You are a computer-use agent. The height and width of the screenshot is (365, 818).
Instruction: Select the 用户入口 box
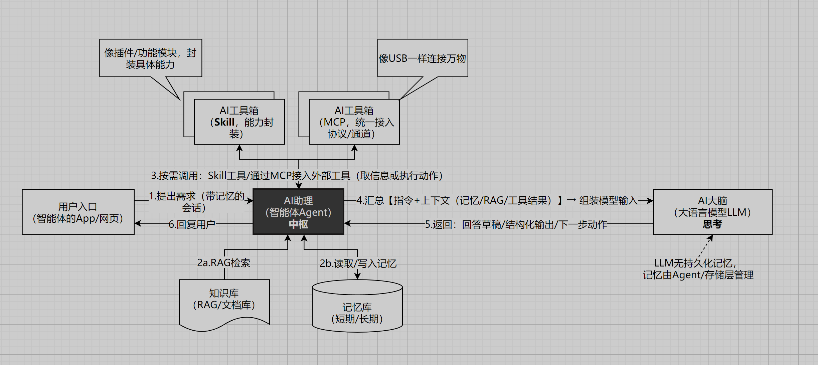pyautogui.click(x=78, y=212)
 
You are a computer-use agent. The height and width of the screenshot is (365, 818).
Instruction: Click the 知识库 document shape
pyautogui.click(x=224, y=299)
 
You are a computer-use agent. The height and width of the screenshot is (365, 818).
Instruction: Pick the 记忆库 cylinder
pyautogui.click(x=357, y=313)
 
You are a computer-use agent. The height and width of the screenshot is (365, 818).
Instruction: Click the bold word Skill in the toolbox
pyautogui.click(x=224, y=122)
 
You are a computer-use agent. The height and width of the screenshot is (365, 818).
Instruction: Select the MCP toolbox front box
pyautogui.click(x=354, y=122)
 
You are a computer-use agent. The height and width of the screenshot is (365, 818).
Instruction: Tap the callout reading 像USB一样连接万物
pyautogui.click(x=422, y=58)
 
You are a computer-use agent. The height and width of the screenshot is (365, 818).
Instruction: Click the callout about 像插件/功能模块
pyautogui.click(x=150, y=58)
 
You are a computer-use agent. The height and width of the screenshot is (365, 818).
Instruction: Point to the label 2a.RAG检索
pyautogui.click(x=223, y=263)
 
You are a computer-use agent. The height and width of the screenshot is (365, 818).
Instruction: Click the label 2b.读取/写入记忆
pyautogui.click(x=358, y=263)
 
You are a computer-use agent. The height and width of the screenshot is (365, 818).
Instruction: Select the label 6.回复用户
pyautogui.click(x=192, y=224)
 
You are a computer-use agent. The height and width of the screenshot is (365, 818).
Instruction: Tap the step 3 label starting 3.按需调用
pyautogui.click(x=297, y=176)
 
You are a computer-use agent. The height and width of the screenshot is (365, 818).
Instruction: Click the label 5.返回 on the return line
pyautogui.click(x=516, y=224)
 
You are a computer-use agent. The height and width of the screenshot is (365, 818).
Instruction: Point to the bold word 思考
pyautogui.click(x=712, y=224)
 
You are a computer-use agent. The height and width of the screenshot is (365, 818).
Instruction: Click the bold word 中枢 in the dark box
pyautogui.click(x=298, y=224)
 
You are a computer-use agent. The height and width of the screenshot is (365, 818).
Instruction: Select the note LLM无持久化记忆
pyautogui.click(x=698, y=269)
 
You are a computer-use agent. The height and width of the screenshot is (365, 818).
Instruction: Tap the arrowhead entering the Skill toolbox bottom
pyautogui.click(x=239, y=148)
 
